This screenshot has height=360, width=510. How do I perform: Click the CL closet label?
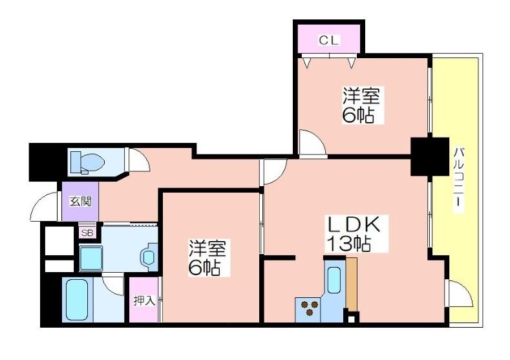tap(329, 40)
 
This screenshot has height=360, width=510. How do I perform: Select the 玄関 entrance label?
tap(80, 202)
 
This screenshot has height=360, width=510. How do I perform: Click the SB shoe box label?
tap(87, 233)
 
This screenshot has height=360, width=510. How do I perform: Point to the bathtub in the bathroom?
tap(77, 299)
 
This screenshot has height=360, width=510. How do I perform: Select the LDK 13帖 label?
tap(353, 233)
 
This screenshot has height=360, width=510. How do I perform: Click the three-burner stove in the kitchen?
tap(310, 308)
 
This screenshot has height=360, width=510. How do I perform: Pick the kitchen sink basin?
tap(334, 281)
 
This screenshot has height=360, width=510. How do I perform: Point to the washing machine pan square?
tap(91, 259)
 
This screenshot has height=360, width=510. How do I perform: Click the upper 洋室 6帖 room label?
tap(361, 105)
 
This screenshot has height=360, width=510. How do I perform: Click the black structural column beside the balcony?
tap(429, 157)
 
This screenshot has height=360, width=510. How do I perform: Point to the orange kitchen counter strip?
tap(351, 284)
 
